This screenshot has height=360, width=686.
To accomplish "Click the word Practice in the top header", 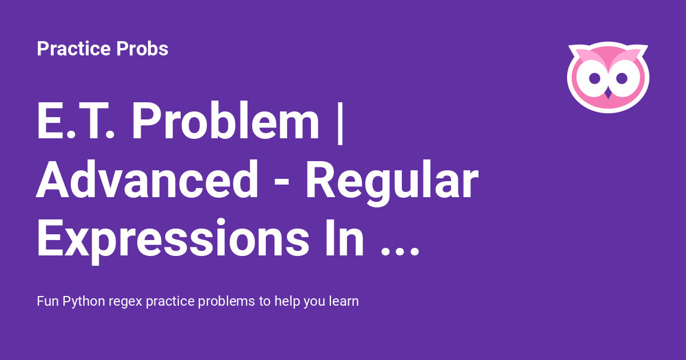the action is coord(74,49).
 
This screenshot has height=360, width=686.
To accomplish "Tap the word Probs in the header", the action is coord(142,49).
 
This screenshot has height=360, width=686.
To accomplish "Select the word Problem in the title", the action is coord(225,120).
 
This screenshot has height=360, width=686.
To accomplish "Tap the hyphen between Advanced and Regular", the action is coord(282,183).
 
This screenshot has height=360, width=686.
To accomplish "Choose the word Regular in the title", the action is coord(392,182).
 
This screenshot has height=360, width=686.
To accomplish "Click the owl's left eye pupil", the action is coord(595,78).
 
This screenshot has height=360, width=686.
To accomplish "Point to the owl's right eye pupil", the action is coord(622,78).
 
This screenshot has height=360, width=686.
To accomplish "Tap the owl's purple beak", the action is coord(608,94).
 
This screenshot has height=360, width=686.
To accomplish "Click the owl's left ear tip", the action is coord(569,46).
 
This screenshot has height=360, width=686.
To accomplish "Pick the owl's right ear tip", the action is coord(647,46).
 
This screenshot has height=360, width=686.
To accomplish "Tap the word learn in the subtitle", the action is coord(344,301).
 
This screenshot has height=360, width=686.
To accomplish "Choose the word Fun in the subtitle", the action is coord(48,301).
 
